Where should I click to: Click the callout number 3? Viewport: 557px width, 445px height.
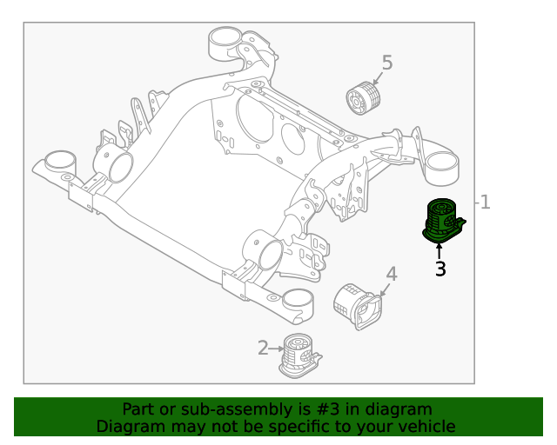(x=440, y=269)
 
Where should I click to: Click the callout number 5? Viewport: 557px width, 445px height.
(x=387, y=63)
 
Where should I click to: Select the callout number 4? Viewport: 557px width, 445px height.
(x=392, y=275)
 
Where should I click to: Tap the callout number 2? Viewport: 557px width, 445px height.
(x=263, y=349)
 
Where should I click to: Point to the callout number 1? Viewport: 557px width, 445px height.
(x=486, y=203)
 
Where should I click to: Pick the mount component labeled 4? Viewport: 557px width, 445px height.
(x=356, y=305)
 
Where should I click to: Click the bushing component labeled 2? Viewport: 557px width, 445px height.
(x=299, y=356)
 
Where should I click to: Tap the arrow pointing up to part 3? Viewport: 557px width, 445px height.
(x=440, y=251)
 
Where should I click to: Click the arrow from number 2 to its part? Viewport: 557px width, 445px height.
(x=276, y=349)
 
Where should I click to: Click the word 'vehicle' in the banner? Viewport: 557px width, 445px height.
(x=426, y=427)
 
